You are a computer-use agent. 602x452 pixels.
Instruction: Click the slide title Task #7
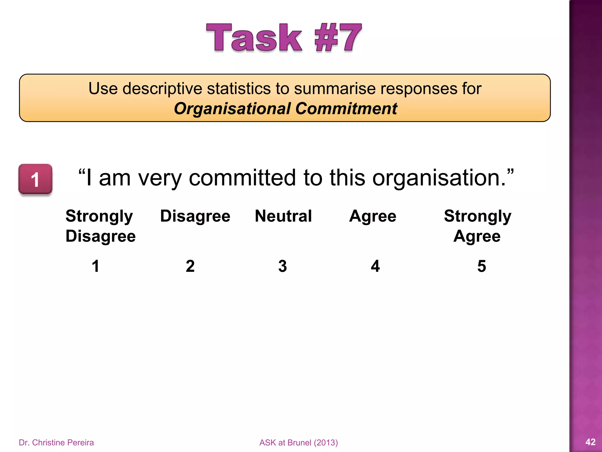coord(284,38)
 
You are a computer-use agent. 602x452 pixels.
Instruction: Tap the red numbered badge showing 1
coord(35,179)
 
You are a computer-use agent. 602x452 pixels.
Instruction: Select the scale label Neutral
coord(283,216)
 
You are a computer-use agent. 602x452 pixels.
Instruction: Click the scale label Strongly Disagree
coord(100,226)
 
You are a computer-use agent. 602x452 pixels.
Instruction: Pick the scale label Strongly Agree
coord(477,226)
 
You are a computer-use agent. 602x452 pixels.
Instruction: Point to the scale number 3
coord(282,266)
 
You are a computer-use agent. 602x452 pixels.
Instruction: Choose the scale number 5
coord(481,266)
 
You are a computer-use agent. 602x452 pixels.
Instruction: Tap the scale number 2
coord(190,266)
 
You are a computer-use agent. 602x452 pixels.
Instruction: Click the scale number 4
coord(375,266)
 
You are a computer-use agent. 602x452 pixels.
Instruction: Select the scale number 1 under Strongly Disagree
coord(96,266)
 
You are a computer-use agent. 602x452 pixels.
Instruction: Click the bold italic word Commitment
coord(346,109)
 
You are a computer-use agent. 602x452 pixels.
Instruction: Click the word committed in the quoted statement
coord(242,178)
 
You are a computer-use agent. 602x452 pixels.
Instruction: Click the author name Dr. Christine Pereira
coord(56,442)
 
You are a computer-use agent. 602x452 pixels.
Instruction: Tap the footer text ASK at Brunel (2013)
coord(299,442)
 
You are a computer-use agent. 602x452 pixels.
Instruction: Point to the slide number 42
coord(590,442)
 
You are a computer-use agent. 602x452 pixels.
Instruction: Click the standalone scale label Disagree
coord(195,216)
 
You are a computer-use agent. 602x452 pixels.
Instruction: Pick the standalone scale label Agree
coord(373,216)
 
